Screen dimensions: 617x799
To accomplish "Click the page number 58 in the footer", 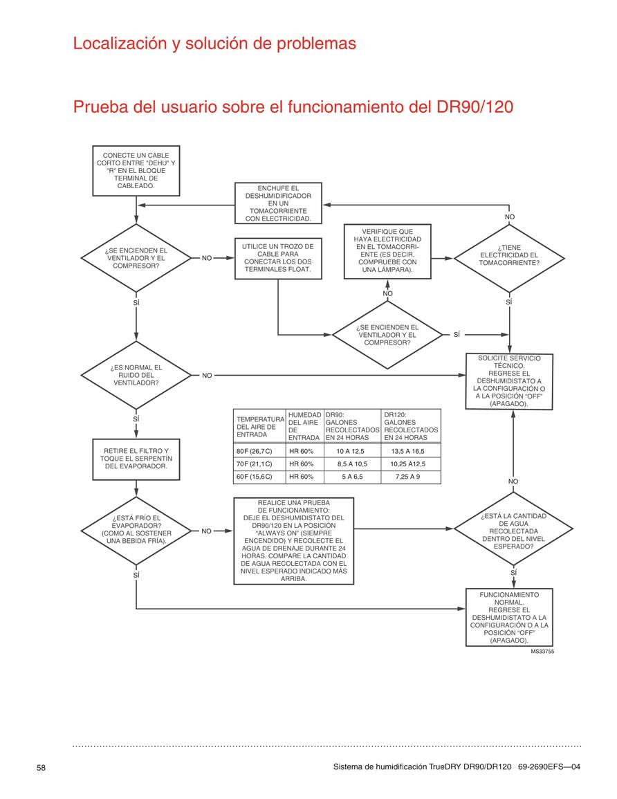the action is click(x=41, y=767).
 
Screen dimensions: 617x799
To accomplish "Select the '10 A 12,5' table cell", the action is click(x=351, y=451).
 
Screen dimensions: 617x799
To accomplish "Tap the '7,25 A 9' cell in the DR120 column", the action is click(x=407, y=477).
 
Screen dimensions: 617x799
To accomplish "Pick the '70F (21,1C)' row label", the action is click(x=255, y=463).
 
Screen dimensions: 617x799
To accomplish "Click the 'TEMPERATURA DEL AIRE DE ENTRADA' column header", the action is click(x=260, y=427).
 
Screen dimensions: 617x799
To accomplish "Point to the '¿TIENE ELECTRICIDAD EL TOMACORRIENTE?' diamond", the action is click(x=509, y=258).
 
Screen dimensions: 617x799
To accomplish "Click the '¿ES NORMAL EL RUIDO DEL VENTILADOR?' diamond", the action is click(x=136, y=375).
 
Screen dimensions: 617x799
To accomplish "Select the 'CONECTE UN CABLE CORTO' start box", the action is click(x=136, y=171).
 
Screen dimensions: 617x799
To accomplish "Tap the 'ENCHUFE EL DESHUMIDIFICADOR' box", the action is click(x=278, y=203).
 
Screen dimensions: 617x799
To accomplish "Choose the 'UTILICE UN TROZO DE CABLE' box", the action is click(x=278, y=258).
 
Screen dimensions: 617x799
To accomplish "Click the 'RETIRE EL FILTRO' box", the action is click(x=136, y=459).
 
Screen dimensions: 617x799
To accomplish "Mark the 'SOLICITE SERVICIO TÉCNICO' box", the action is click(x=509, y=381).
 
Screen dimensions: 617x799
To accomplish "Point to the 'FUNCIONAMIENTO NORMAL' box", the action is click(x=509, y=618).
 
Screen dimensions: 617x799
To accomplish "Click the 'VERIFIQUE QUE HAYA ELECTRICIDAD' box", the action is click(x=387, y=251).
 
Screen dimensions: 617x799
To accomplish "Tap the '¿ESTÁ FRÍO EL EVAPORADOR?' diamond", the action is click(x=136, y=531).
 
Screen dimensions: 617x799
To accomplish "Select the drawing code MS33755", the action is click(x=542, y=652).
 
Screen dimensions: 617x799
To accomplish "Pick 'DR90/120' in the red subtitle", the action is click(x=475, y=107).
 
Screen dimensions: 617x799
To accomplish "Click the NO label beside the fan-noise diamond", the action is click(x=207, y=376).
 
